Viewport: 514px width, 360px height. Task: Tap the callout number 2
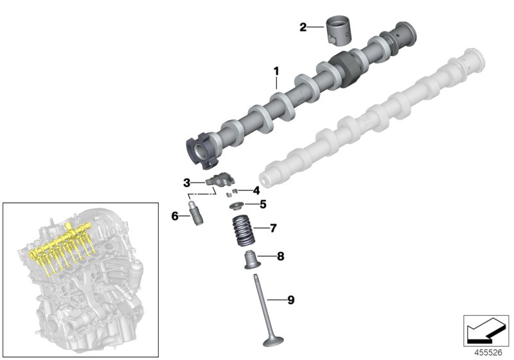(303, 27)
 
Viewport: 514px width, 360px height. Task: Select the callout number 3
(186, 183)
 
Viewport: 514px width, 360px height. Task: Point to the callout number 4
(256, 190)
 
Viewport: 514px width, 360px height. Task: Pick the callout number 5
(262, 205)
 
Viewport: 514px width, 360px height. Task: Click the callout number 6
(175, 216)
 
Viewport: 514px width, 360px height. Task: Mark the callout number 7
(273, 228)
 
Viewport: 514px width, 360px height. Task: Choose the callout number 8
(280, 256)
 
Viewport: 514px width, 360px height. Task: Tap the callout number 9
(290, 300)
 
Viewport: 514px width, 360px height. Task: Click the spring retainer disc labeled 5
(238, 206)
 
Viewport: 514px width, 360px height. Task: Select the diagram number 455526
(486, 352)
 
